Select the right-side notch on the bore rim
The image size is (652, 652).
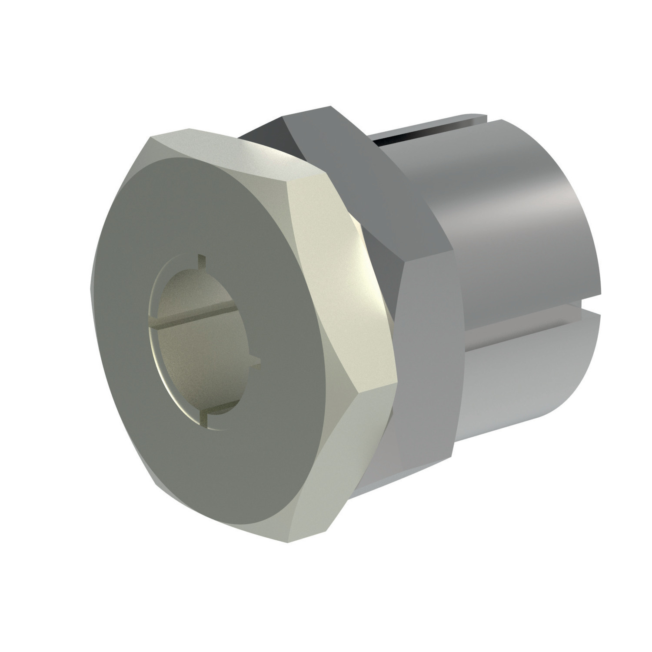tap(256, 360)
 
